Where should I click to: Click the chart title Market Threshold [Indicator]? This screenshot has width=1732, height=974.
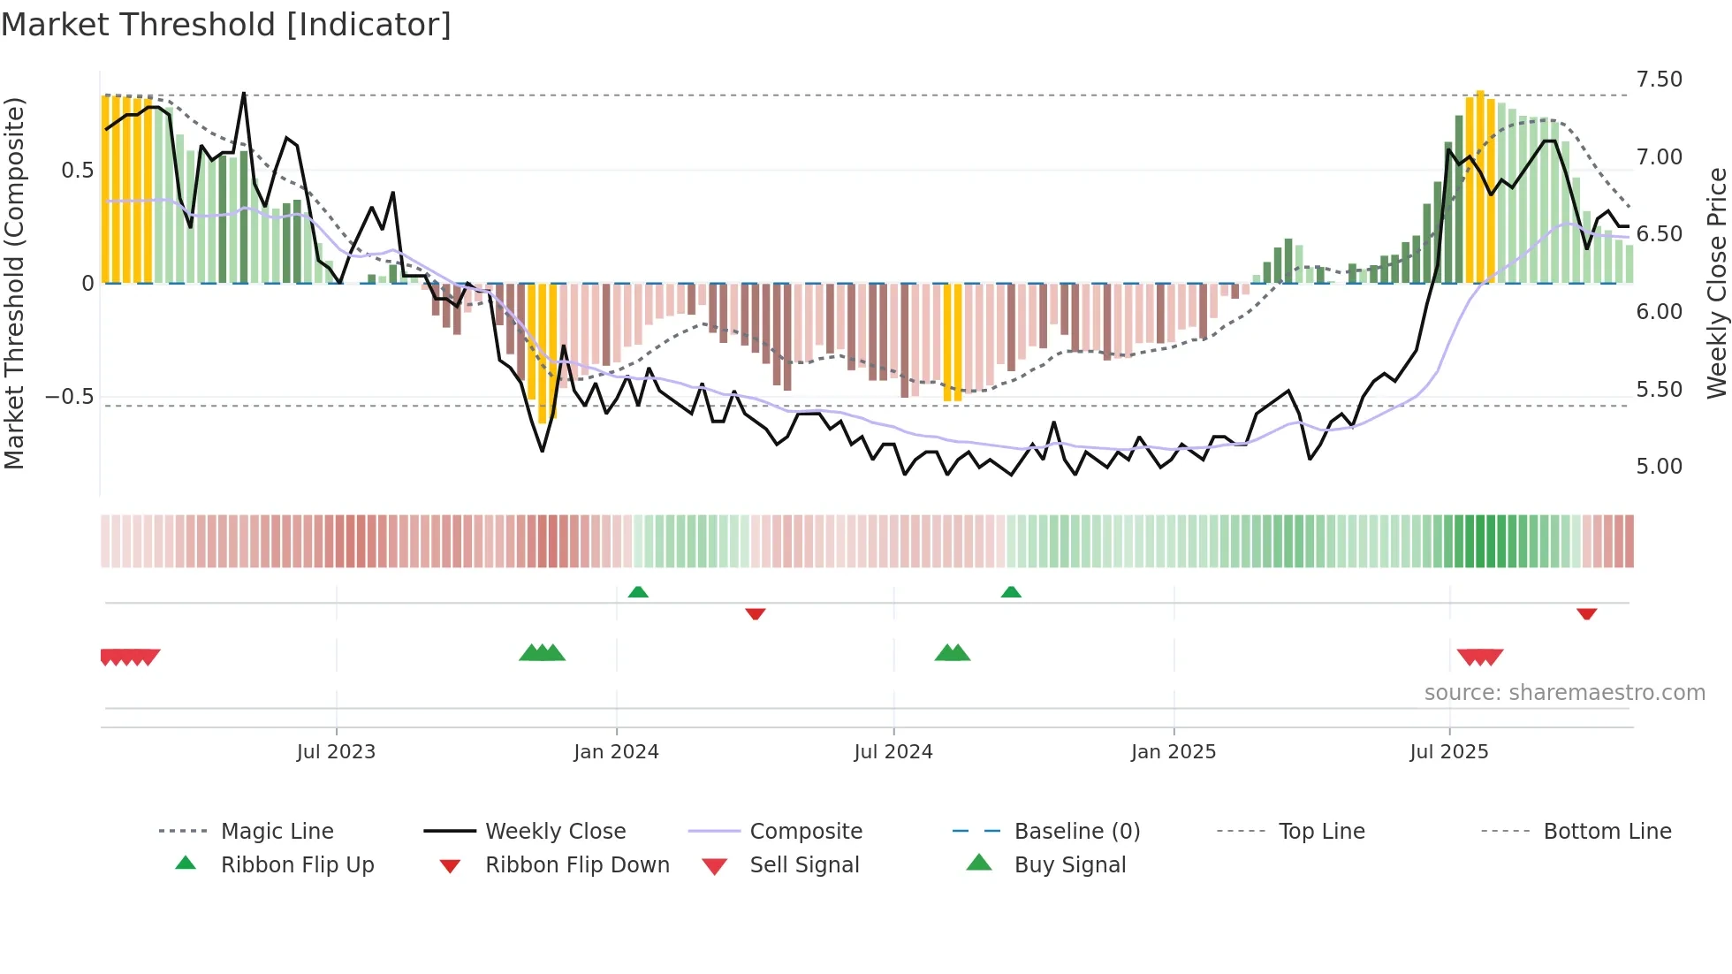226,25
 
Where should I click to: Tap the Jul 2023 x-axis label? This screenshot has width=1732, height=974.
336,752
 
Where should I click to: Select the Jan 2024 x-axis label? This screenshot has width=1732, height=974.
616,752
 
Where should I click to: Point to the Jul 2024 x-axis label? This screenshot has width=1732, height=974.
893,752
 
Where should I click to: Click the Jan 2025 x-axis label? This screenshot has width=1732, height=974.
1174,752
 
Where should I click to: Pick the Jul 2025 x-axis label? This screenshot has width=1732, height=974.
1449,752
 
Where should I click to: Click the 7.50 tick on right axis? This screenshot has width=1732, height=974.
1659,80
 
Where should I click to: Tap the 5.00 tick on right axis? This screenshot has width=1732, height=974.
1659,467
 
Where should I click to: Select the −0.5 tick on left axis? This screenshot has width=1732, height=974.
70,397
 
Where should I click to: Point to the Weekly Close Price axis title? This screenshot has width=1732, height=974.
1716,283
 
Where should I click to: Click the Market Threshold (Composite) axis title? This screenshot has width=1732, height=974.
14,283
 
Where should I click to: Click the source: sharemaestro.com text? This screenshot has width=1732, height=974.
1564,693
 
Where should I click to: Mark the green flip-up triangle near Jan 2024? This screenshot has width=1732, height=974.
638,592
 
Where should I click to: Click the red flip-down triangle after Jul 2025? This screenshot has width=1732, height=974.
1586,613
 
